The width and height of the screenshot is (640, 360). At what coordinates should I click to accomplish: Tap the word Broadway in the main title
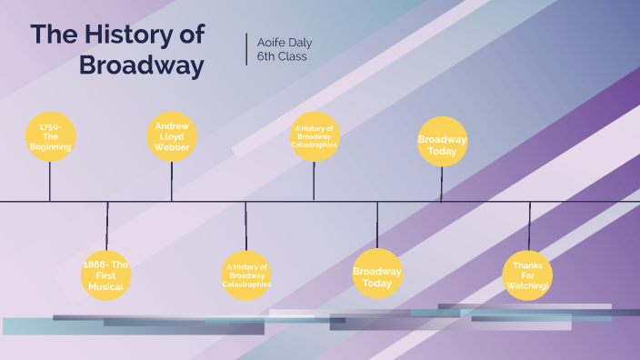pos(141,65)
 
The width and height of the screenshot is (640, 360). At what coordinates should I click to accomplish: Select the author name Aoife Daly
pos(285,42)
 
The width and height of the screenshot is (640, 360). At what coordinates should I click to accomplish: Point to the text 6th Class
pos(283,56)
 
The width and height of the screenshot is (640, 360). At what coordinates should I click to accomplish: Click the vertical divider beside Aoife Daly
pos(246,49)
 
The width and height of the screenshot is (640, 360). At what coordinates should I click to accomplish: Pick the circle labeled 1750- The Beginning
pos(50,136)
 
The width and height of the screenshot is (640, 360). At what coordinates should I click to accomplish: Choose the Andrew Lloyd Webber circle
pos(172,136)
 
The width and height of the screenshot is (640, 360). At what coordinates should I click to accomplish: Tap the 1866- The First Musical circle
pos(106,275)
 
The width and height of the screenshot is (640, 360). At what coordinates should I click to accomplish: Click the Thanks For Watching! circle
pos(527,275)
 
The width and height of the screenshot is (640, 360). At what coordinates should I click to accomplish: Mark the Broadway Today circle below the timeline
pos(377,274)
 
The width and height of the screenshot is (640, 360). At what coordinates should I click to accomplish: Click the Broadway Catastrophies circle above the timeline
pos(315,136)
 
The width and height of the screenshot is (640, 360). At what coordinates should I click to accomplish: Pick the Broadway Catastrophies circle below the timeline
pos(246,275)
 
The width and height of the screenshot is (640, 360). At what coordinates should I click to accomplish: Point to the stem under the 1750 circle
pos(50,182)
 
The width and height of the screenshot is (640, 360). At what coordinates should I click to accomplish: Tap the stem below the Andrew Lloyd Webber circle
pos(172,182)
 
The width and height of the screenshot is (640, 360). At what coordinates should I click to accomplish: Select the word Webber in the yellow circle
pos(172,147)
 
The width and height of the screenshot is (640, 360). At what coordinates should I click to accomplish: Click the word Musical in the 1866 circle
pos(106,285)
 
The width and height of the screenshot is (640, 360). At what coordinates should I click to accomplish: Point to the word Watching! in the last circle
pos(527,285)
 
